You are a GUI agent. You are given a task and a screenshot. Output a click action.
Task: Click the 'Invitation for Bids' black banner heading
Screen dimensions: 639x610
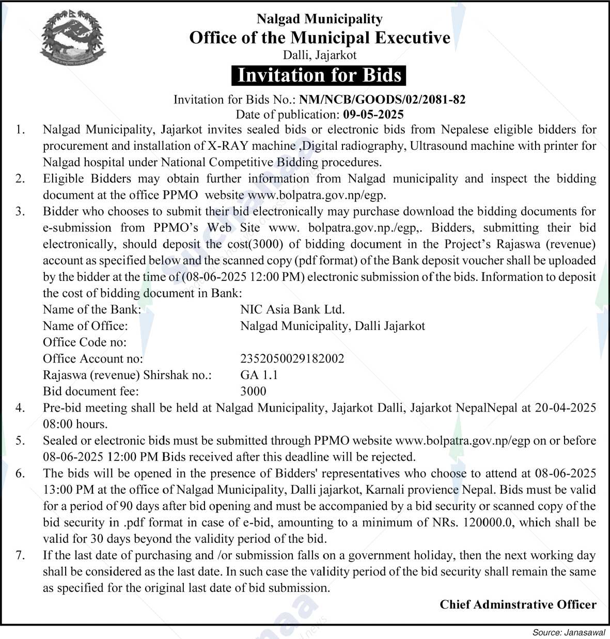(x=319, y=75)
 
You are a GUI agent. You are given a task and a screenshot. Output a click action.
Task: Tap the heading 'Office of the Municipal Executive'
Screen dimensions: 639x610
(x=320, y=38)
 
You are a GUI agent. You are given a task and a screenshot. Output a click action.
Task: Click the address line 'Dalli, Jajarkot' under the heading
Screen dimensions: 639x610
(x=320, y=54)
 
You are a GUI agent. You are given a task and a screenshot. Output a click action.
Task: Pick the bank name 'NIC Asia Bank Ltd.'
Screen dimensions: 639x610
(x=292, y=309)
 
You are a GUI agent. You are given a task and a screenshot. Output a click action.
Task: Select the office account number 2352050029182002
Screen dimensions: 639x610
(x=292, y=359)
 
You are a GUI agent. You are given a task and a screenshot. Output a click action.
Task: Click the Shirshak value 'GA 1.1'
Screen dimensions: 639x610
(x=259, y=375)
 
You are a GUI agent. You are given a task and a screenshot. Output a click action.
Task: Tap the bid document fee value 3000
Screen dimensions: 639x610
(x=253, y=392)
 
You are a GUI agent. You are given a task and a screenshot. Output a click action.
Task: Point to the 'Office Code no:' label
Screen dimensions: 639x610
(x=85, y=342)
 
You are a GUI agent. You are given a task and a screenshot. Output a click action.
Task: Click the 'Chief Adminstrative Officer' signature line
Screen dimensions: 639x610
(x=518, y=604)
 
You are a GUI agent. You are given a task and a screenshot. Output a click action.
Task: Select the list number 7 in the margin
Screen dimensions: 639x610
(x=20, y=555)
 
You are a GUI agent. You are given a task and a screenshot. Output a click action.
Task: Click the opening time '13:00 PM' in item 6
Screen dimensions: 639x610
(x=65, y=489)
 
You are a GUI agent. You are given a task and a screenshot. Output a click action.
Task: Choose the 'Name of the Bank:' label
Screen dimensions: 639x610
(x=92, y=309)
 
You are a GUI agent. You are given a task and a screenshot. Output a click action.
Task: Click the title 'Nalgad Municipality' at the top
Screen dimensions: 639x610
(x=320, y=19)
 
